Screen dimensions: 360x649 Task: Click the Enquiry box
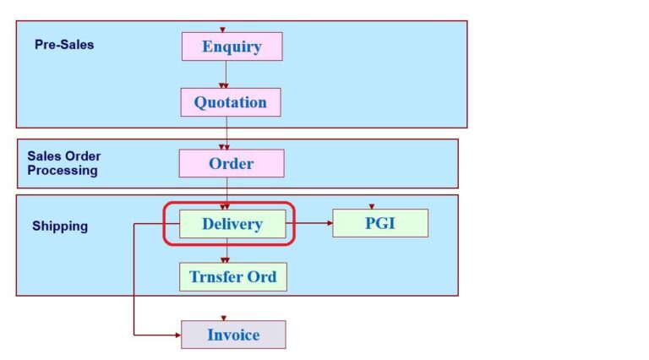pos(232,46)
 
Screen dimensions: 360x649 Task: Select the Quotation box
pos(230,102)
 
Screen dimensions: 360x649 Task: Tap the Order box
pos(231,163)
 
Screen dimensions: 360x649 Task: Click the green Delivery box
pos(232,224)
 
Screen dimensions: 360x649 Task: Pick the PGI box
pos(379,224)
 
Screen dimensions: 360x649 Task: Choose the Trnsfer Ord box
pos(232,276)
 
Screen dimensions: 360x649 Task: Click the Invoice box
pos(233,335)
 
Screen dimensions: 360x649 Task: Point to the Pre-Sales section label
pos(64,44)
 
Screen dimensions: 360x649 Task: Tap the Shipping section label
pos(60,226)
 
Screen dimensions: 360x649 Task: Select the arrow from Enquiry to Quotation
pos(225,74)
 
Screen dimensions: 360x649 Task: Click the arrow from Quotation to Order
pos(226,134)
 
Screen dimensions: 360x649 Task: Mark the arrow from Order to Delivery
pos(226,194)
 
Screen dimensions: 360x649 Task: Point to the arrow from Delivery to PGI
pos(309,224)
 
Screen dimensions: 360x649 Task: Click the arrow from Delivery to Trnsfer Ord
pos(226,252)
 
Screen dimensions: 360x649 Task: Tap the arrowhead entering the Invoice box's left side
pos(177,335)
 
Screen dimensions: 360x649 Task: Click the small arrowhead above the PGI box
pos(372,206)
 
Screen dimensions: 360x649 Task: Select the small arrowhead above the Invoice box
pos(224,318)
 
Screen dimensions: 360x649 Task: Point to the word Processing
pos(63,171)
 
